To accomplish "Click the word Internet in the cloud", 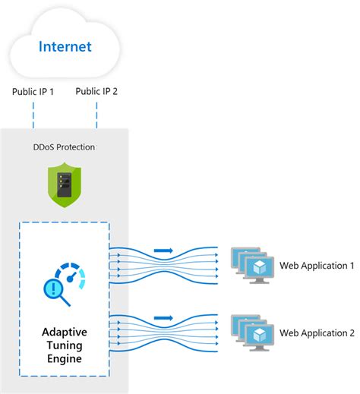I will pyautogui.click(x=65, y=48).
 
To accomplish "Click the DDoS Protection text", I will pyautogui.click(x=65, y=146).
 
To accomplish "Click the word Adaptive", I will pyautogui.click(x=65, y=333).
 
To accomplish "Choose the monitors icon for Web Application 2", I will pyautogui.click(x=251, y=333).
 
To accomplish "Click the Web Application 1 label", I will pyautogui.click(x=317, y=265).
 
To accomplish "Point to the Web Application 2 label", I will pyautogui.click(x=317, y=333).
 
